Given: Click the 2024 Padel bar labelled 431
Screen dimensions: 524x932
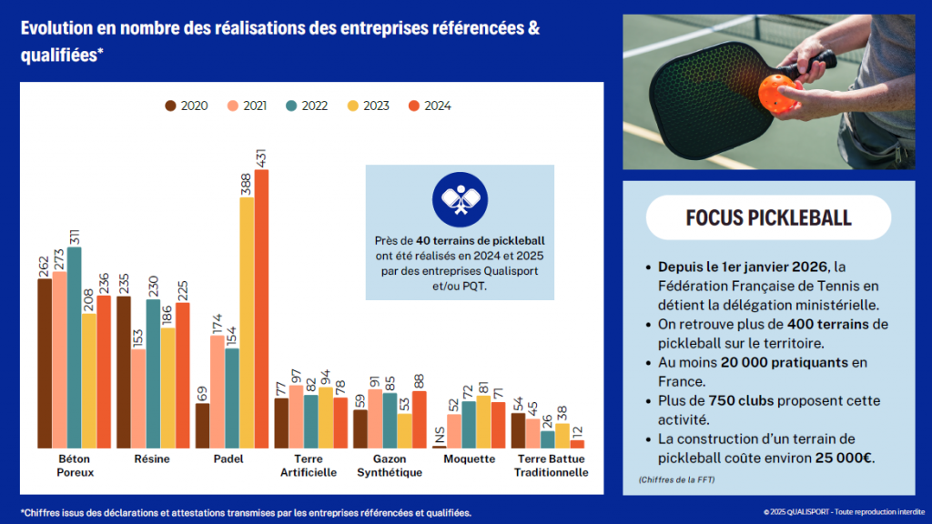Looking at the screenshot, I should click(261, 309).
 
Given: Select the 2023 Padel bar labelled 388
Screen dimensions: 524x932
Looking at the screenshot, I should click(247, 323).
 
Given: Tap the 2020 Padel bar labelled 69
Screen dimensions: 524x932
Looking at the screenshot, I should click(202, 426).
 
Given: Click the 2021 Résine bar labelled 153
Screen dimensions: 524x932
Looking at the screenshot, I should click(137, 398).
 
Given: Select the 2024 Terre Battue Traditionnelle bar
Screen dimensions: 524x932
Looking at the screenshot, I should click(577, 444).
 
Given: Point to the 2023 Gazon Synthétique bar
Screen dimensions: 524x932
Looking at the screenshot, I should click(404, 431).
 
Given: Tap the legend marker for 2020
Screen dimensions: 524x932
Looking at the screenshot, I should click(170, 106).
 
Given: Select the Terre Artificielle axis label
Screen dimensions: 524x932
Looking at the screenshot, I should click(309, 466).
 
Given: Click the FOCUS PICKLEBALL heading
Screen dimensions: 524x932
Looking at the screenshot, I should click(769, 218).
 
